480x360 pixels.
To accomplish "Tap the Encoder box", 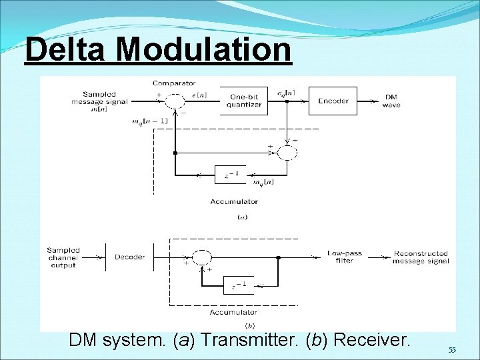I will (333, 101).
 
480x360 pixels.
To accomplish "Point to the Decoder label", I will (129, 257).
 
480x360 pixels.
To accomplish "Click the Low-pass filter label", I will (340, 257).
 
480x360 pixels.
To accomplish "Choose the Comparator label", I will (174, 83).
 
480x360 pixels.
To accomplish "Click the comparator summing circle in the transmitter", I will (175, 101).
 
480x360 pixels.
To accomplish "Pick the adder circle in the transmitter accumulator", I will (287, 152).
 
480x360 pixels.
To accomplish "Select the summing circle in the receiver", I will (202, 257).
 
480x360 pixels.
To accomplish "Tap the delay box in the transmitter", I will (231, 175).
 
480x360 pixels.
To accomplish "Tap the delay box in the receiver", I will (239, 285).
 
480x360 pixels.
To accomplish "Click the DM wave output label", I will (391, 101).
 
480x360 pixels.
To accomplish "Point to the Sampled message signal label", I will (99, 101).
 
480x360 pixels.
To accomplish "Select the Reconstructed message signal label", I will (420, 257).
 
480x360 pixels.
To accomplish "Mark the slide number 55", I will (452, 350).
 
